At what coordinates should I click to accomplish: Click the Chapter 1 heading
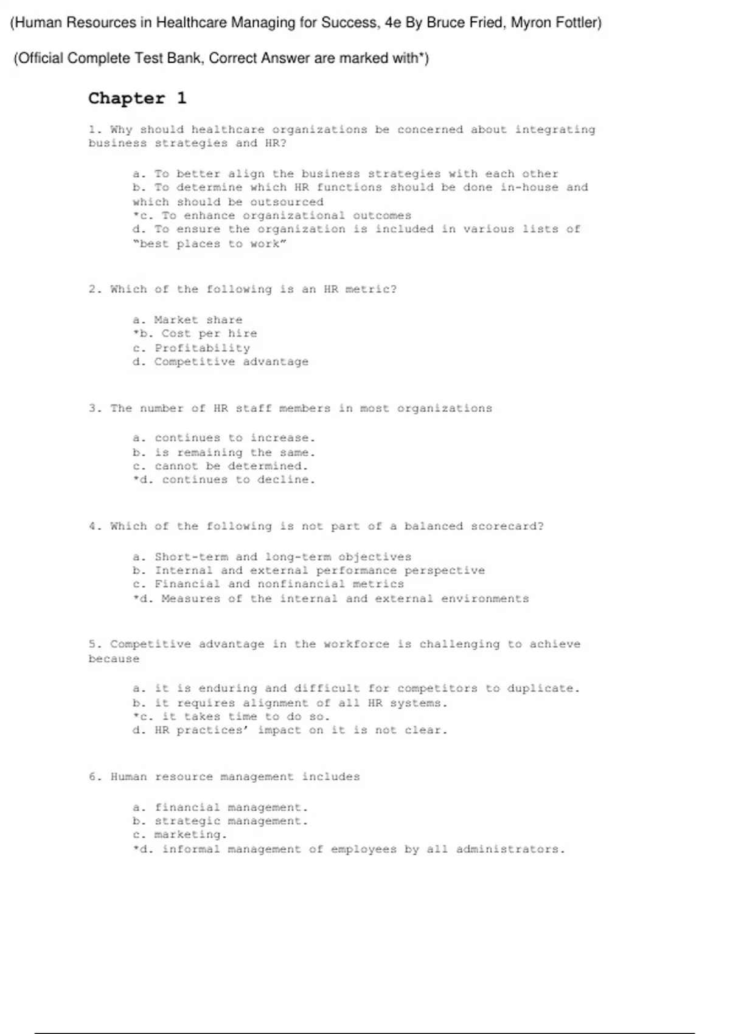(137, 99)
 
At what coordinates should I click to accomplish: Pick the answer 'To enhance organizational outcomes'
(286, 216)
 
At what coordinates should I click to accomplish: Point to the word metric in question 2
(367, 290)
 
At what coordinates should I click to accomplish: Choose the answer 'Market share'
(198, 320)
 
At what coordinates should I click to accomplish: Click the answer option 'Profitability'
(202, 348)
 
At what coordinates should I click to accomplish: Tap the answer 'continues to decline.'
(238, 480)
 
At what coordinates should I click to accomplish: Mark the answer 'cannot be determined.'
(231, 467)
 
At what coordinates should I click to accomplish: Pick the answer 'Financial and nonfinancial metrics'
(279, 585)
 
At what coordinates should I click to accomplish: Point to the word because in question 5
(114, 659)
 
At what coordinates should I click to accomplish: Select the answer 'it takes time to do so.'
(245, 717)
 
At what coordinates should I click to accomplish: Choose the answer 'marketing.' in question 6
(190, 835)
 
